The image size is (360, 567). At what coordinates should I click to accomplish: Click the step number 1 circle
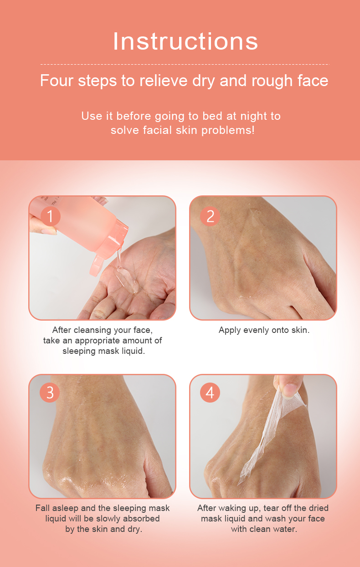[51, 216]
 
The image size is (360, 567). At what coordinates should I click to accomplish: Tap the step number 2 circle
[210, 216]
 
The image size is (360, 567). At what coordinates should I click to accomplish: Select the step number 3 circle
[50, 393]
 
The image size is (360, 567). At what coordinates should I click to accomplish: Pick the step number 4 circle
[210, 393]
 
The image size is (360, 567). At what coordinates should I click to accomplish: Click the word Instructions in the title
[185, 41]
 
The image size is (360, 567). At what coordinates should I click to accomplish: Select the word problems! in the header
[228, 130]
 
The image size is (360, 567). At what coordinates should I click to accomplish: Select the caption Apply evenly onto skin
[264, 330]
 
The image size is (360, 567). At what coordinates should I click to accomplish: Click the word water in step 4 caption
[285, 529]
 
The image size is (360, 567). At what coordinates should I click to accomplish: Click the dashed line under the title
[185, 64]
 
